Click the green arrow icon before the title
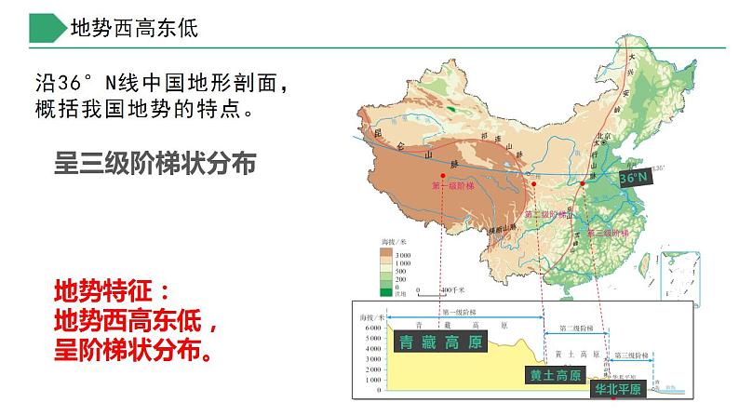(x=45, y=28)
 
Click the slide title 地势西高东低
(x=134, y=28)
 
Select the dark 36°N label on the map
(x=638, y=177)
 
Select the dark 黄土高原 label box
(x=555, y=376)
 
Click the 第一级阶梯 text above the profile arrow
(x=460, y=312)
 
